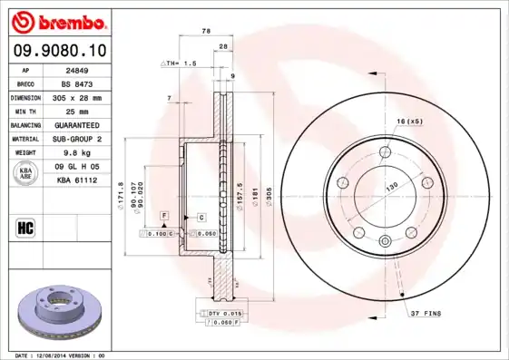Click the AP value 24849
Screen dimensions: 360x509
(77, 70)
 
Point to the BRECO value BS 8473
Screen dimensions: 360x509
(77, 83)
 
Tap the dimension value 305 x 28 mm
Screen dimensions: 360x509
(77, 97)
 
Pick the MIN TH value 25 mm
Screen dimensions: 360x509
(77, 111)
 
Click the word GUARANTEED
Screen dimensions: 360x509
(77, 124)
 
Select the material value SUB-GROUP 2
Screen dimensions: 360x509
(77, 139)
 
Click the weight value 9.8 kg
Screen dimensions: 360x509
(77, 152)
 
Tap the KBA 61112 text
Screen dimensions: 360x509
(77, 180)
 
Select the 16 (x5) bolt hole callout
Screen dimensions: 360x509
(410, 122)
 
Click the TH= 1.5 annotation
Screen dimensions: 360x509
(180, 63)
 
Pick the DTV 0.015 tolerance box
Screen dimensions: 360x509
(220, 313)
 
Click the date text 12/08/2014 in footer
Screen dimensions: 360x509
(52, 355)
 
